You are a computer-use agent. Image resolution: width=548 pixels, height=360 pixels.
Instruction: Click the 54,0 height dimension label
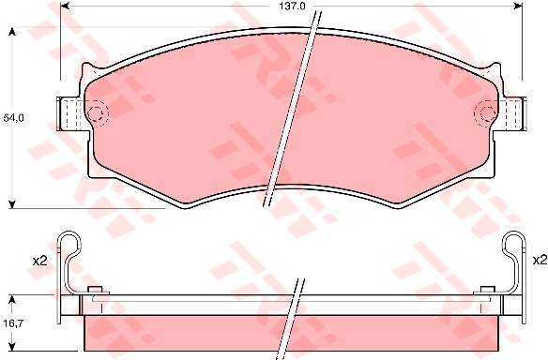13,118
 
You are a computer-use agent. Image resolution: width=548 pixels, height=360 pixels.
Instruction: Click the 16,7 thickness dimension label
13,323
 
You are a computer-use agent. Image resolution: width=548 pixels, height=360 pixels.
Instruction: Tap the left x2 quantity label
39,261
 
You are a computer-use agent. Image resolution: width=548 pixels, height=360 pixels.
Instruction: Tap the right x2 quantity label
540,260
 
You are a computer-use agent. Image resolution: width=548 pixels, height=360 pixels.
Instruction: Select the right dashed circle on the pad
486,113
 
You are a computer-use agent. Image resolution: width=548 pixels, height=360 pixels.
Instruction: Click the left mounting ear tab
69,113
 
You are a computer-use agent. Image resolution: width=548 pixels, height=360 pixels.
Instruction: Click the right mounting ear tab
511,113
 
